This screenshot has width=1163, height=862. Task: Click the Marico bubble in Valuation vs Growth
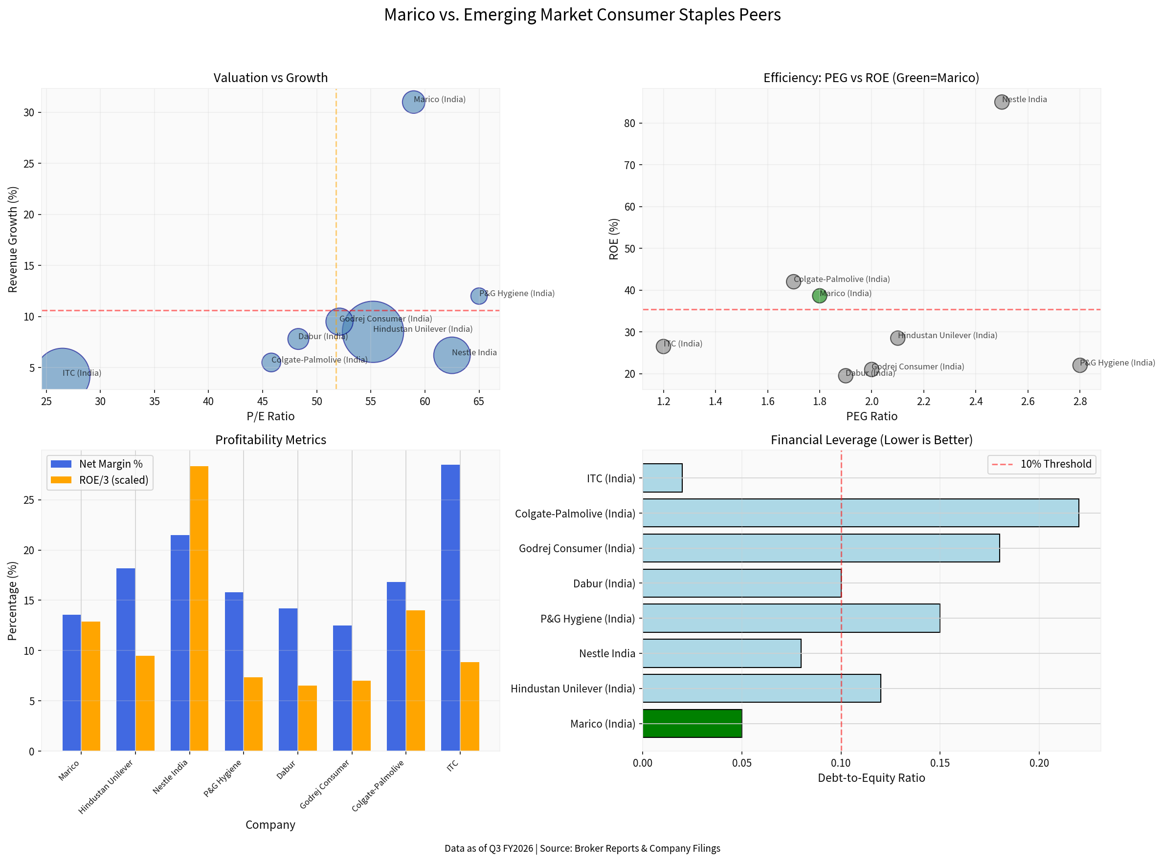point(413,102)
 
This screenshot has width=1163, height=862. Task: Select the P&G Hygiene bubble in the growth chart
point(479,296)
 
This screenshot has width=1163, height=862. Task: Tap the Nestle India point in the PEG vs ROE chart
point(1001,102)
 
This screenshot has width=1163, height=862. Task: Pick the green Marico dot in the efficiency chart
point(819,296)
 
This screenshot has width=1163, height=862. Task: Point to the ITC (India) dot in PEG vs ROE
point(663,346)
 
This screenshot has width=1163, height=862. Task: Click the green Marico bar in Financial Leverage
point(692,723)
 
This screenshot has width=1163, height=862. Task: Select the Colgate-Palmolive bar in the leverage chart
point(860,513)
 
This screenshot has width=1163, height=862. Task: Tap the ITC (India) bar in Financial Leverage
point(662,478)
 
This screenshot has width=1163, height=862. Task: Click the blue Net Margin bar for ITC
point(450,608)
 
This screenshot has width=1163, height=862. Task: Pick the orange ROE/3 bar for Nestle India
point(199,608)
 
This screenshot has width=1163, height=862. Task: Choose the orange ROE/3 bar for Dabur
point(307,718)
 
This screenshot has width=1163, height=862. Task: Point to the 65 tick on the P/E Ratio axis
point(479,401)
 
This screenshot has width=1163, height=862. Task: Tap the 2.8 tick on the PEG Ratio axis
point(1079,401)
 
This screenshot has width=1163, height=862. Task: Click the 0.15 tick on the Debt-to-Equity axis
point(939,763)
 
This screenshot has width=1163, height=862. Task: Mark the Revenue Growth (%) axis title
point(13,239)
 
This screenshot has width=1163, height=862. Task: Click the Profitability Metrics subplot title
point(270,440)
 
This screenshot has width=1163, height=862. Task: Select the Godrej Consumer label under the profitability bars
point(325,784)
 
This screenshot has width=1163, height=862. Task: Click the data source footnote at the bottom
point(582,848)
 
